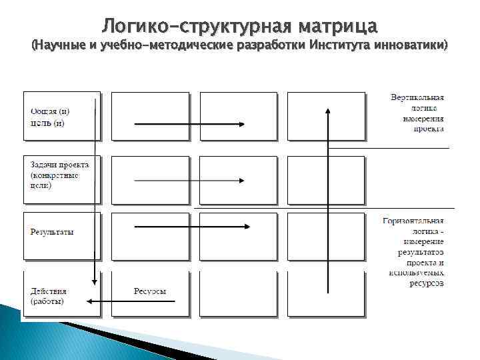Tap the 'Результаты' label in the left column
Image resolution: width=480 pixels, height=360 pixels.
[x=52, y=232]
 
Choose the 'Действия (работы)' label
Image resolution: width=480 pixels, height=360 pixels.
[x=49, y=296]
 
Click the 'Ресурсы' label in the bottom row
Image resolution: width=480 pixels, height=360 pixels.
[x=149, y=291]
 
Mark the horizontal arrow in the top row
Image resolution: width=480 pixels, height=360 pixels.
[x=190, y=124]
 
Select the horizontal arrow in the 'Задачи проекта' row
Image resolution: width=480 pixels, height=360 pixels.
[x=190, y=180]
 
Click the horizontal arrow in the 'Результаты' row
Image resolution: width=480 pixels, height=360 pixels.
[x=192, y=227]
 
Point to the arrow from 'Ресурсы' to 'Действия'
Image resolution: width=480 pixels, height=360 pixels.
[x=131, y=301]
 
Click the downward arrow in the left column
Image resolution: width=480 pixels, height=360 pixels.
[x=95, y=200]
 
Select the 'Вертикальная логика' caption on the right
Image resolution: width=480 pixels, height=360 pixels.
[x=417, y=113]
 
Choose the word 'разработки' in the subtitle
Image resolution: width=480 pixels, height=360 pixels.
[x=274, y=46]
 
